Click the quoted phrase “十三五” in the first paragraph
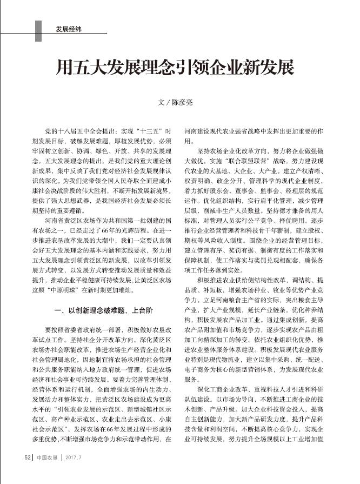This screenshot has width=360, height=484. tap(138, 131)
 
